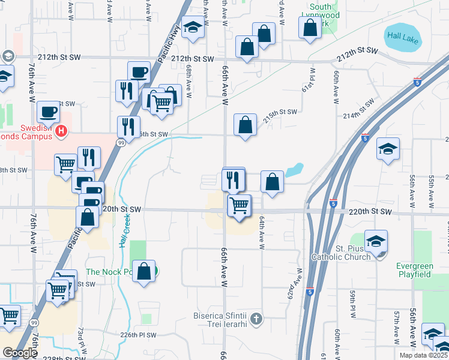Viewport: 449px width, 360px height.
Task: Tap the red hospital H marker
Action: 60,131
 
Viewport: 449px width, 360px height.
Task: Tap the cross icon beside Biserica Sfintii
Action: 256,317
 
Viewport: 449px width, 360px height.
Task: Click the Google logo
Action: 20,353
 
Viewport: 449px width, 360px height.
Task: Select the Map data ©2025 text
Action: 423,355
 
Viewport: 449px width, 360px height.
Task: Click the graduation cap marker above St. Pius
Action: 376,241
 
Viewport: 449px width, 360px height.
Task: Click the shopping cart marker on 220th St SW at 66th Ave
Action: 239,205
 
